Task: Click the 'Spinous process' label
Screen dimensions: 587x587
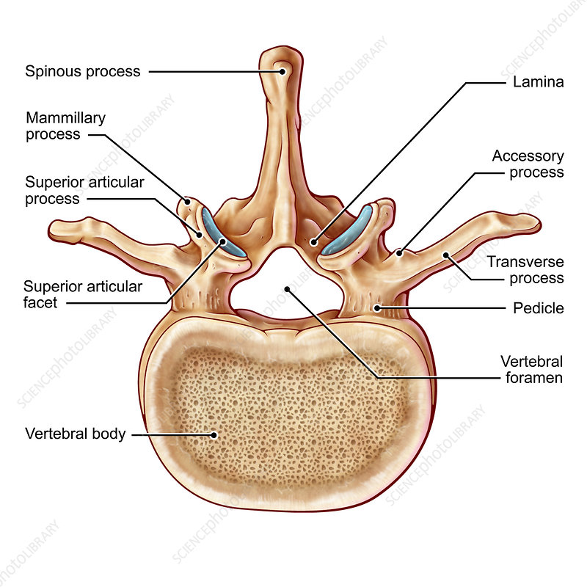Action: tap(82, 72)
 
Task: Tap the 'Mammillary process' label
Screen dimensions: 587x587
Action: tap(66, 126)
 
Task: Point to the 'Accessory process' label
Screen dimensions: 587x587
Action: tap(528, 164)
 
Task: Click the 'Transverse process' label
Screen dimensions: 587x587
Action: tap(525, 270)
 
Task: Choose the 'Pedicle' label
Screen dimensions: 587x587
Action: tap(539, 308)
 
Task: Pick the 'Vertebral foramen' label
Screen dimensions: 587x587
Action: tap(531, 370)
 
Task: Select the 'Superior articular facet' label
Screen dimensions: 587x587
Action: tap(83, 293)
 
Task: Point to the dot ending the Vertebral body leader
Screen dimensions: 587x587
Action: tap(214, 434)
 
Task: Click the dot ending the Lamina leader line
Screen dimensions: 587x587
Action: tap(313, 241)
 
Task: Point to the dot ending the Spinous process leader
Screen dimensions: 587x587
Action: tap(282, 72)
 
